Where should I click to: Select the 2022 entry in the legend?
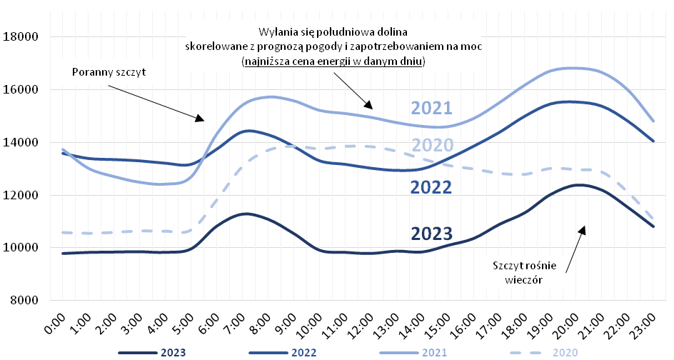[x=282, y=352]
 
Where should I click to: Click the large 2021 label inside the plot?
[x=431, y=109]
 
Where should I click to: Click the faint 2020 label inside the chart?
[x=433, y=146]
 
